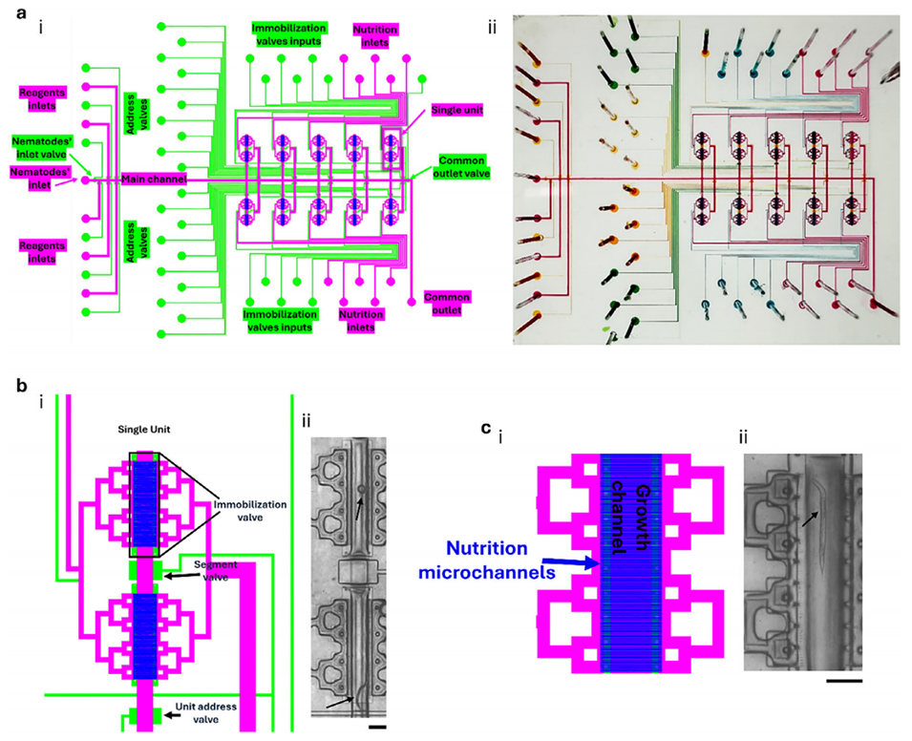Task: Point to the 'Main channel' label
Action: [153, 179]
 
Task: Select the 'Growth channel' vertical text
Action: [630, 529]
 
